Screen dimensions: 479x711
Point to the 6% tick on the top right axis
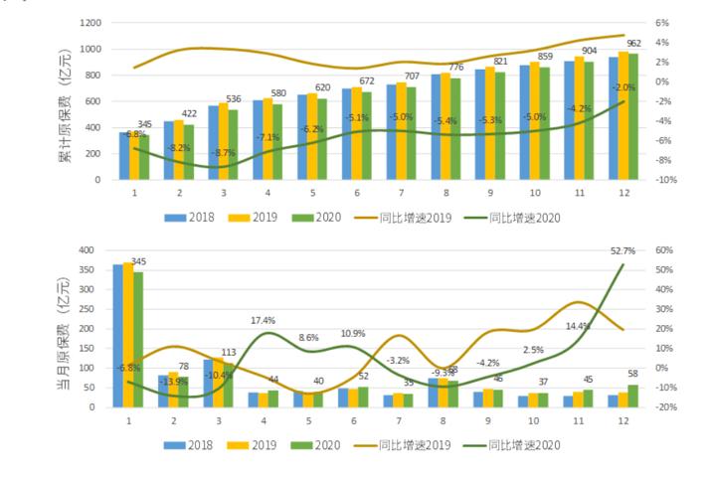(662, 23)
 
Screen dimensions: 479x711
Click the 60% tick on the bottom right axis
(664, 250)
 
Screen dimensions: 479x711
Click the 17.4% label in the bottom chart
(265, 320)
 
